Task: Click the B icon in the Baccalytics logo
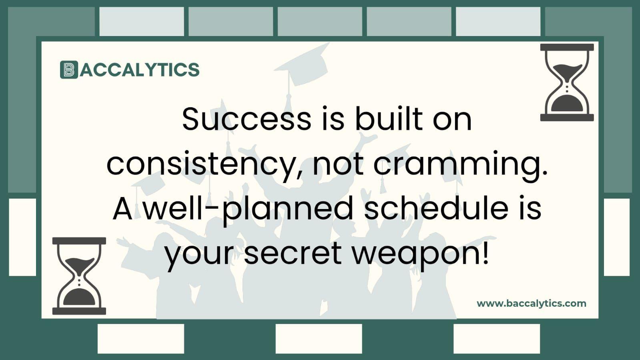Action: pos(69,70)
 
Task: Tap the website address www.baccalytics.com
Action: pos(531,303)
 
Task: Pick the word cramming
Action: pos(460,164)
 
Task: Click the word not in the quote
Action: pos(338,164)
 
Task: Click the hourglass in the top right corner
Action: pos(567,82)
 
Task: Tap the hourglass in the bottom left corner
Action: pos(79,276)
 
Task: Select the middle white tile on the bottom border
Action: pos(319,339)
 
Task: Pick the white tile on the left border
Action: pos(22,237)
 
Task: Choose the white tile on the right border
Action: pos(616,237)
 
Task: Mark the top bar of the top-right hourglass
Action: pos(567,47)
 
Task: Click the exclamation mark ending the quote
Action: pos(486,252)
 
